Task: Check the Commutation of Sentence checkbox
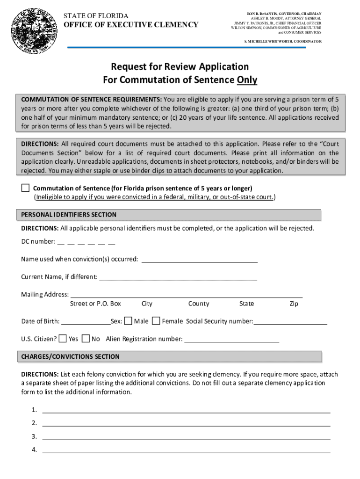point(25,188)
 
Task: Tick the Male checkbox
point(128,321)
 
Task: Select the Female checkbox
point(156,321)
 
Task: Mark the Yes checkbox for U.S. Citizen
point(63,338)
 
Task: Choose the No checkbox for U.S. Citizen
point(86,338)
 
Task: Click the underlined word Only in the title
point(247,80)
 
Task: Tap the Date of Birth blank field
point(86,322)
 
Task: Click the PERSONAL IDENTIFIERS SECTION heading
point(69,215)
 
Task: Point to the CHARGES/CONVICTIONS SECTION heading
point(71,356)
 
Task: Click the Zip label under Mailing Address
point(294,304)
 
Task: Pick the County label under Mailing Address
point(199,304)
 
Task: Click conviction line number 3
point(186,437)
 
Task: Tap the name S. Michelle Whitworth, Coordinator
point(283,42)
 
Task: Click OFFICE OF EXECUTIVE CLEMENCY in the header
point(131,25)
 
